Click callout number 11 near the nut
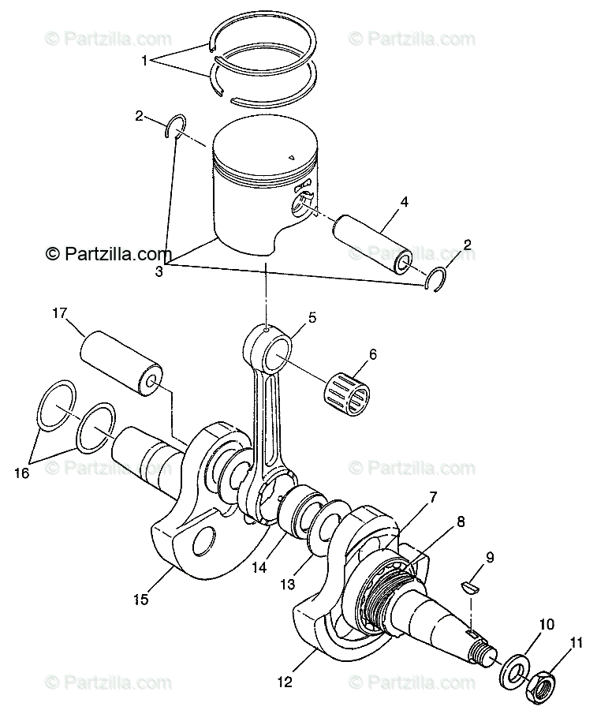(577, 620)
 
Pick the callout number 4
(404, 202)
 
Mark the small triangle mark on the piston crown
(292, 158)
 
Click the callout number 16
(21, 473)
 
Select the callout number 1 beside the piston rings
(144, 60)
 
